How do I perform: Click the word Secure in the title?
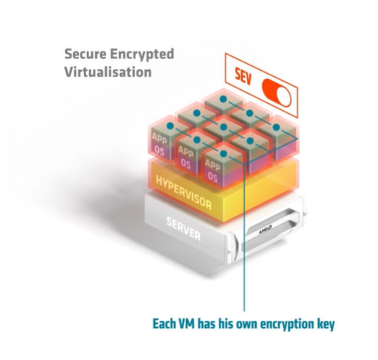(85, 54)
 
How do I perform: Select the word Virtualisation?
(108, 72)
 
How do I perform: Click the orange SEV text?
(244, 77)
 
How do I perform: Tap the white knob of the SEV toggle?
(283, 97)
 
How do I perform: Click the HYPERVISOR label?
(184, 192)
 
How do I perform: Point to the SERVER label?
(184, 228)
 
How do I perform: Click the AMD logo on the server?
(265, 229)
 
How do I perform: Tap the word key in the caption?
(326, 325)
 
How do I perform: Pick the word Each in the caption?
(164, 324)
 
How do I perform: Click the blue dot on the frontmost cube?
(224, 154)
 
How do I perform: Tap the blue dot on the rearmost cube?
(224, 99)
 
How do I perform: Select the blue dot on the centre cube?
(224, 127)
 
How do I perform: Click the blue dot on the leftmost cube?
(171, 125)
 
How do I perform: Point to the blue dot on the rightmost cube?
(276, 127)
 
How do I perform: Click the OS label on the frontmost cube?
(213, 177)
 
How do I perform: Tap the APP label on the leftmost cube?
(159, 138)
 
